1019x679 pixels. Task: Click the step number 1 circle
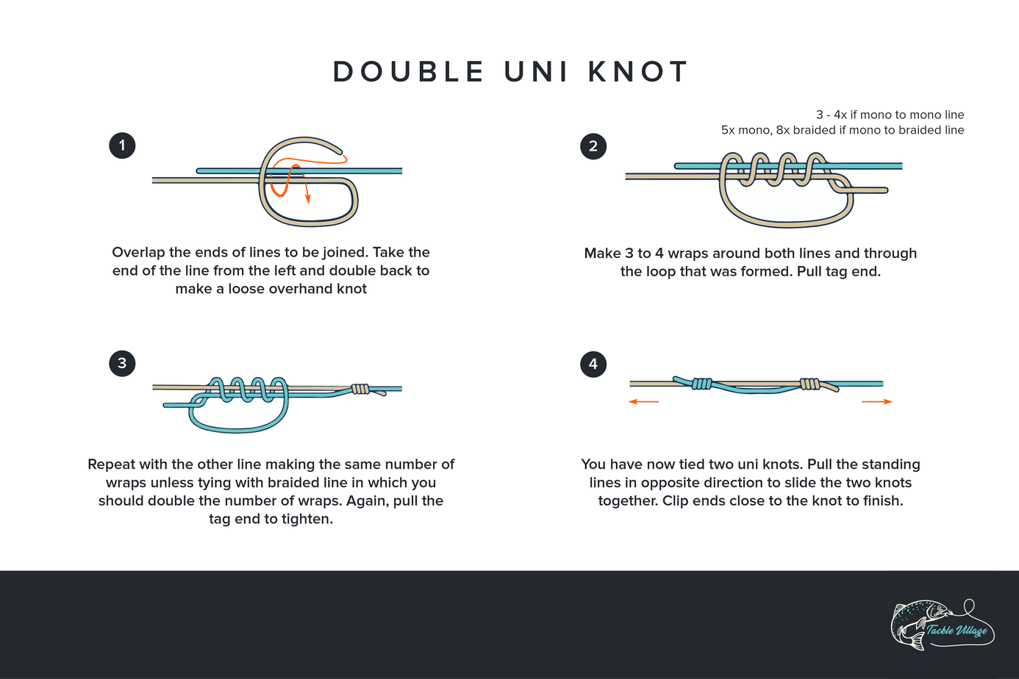(122, 145)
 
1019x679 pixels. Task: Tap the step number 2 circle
(593, 145)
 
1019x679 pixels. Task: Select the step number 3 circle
(122, 363)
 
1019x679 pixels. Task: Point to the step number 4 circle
(593, 364)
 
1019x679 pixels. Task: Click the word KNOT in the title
(638, 72)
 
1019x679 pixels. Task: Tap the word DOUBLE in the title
(409, 72)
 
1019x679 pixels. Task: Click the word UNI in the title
(536, 72)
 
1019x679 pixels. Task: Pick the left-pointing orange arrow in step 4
(643, 402)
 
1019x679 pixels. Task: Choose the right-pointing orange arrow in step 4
(878, 402)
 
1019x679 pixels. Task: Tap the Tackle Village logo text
(957, 630)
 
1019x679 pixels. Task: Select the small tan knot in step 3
(360, 389)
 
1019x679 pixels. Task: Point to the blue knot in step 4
(701, 384)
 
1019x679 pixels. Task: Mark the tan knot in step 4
(809, 384)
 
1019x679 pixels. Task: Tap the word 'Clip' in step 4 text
(674, 501)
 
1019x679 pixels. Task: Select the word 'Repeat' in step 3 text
(112, 464)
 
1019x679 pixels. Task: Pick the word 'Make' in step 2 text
(601, 254)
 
